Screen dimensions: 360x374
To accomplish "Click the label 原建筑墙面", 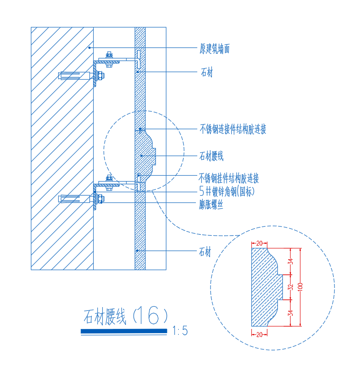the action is coord(215,49).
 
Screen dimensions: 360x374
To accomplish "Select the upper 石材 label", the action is coord(206,72).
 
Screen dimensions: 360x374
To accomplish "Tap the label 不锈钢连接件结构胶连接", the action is coord(233,129).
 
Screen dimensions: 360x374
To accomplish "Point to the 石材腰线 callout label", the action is coord(211,156).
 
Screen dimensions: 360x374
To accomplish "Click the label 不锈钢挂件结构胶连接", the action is coord(229,178).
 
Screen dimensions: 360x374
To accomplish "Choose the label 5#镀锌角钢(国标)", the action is coord(227,191).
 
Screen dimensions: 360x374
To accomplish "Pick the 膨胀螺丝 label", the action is coord(211,205).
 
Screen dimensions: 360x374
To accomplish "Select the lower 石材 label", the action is coord(205,252).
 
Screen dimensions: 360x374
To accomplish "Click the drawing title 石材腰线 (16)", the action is coord(125,316).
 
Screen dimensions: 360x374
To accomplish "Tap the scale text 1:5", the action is coord(180,331).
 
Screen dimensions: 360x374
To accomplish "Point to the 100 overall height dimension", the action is coord(300,287).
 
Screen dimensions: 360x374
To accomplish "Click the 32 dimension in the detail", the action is coord(290,287).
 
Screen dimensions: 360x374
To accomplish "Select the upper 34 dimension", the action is coord(290,262).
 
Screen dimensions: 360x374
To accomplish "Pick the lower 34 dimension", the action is coord(290,313).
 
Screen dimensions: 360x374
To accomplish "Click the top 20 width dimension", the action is coord(259,243).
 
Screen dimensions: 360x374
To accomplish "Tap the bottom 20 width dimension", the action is coord(259,335).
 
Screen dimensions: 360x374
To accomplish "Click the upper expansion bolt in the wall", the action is coord(81,76).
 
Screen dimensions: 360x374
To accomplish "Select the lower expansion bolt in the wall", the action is coord(81,199).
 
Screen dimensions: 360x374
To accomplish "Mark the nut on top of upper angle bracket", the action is coord(109,55).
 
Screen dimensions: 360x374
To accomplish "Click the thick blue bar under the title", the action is coord(124,331).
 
